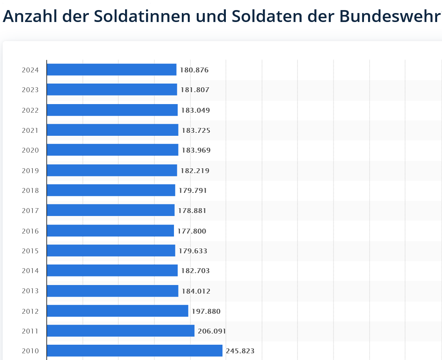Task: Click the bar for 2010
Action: tap(134, 350)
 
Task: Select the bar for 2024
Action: tap(111, 69)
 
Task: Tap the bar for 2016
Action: tap(110, 231)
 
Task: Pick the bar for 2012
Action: tap(117, 311)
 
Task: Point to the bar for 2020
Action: tap(112, 150)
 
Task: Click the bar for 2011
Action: tap(120, 331)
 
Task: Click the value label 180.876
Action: tap(194, 70)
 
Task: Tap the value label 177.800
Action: tap(192, 231)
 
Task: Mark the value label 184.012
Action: tap(196, 291)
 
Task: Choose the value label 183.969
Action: tap(196, 151)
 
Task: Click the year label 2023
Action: tap(30, 90)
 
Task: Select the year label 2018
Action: tap(30, 191)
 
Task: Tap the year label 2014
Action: tap(30, 271)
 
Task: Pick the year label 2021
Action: tap(30, 130)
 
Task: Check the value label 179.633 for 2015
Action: tap(193, 251)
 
